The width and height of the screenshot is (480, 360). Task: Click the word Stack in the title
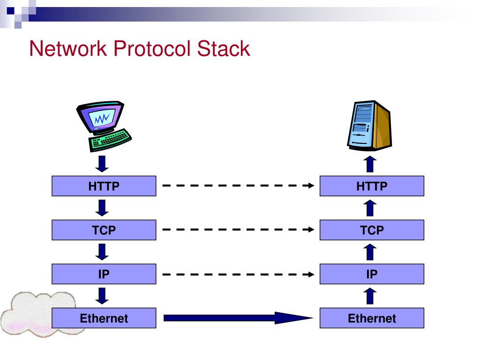coord(224,49)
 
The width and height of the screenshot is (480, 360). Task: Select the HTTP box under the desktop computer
coord(104,186)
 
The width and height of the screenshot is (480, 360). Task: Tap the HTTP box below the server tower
coord(372,186)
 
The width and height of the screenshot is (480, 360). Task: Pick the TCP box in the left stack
coord(104,230)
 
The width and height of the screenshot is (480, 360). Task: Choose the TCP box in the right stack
coord(372,230)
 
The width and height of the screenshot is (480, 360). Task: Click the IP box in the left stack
coord(104,274)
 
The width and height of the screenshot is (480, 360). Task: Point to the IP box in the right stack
coord(372,274)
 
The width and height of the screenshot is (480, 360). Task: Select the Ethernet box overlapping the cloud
coord(104,318)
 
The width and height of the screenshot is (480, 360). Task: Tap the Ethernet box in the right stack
coord(372,318)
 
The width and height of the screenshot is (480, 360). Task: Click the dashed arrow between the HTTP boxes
coord(238,186)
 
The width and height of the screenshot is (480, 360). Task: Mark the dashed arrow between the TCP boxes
coord(238,230)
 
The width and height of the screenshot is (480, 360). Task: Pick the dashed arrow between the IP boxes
coord(238,274)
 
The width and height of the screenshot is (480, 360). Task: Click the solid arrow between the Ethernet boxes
coord(238,318)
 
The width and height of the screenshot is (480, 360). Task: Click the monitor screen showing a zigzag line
coord(102,118)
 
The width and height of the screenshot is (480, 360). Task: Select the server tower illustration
coord(369,126)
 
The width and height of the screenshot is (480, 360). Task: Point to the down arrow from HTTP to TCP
coord(102,208)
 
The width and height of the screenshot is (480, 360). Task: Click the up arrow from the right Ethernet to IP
coord(370,296)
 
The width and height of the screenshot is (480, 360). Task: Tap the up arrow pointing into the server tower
coord(370,164)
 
